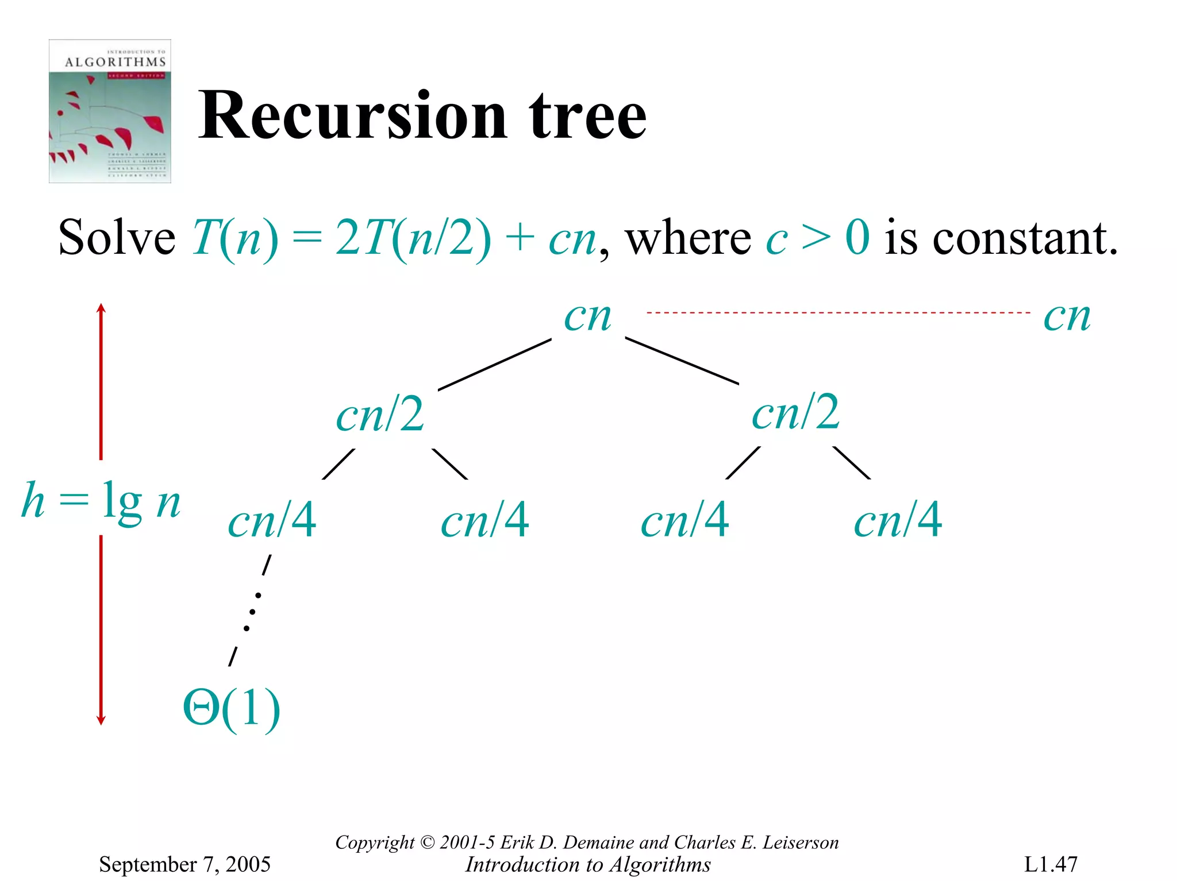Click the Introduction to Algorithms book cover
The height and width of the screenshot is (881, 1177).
coord(110,111)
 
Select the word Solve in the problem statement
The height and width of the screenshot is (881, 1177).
coord(117,238)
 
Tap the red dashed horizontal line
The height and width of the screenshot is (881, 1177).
coord(838,313)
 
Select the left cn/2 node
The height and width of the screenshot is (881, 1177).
coord(380,414)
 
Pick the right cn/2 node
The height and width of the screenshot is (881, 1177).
coord(795,412)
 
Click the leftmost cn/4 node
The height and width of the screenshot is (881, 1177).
coord(272,520)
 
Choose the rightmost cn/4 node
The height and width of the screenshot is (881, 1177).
coord(898,520)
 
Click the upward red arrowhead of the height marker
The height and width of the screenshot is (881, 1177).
coord(101,309)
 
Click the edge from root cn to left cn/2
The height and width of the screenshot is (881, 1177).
coord(494,365)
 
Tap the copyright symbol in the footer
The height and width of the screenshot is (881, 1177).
coord(427,843)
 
